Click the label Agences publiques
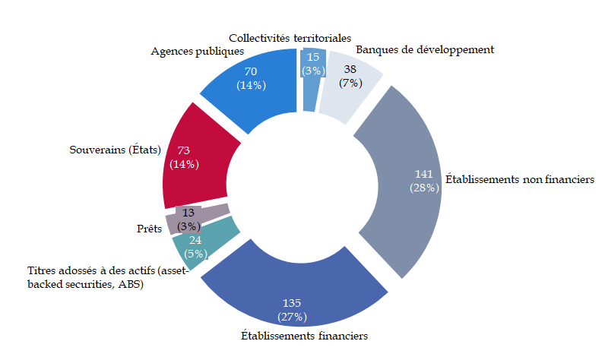point(197,52)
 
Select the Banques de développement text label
point(425,49)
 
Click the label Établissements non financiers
point(519,180)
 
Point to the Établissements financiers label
point(304,334)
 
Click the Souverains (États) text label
point(114,150)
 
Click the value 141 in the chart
point(423,172)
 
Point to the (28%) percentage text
point(423,187)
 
